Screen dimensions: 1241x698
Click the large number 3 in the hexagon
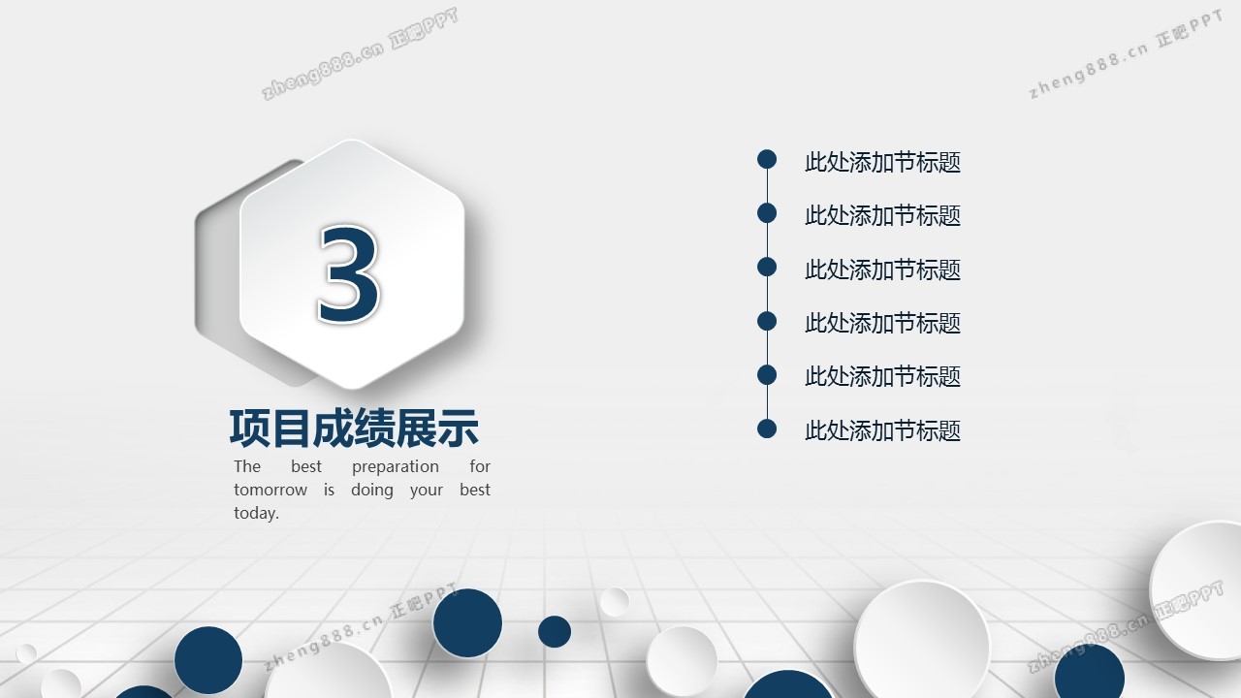point(349,273)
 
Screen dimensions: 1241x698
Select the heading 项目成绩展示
point(354,428)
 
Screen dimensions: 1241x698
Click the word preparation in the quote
point(395,467)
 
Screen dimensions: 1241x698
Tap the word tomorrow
point(270,490)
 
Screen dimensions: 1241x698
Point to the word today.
point(256,513)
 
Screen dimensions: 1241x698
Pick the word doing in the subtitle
point(371,491)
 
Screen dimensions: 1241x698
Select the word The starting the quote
point(247,466)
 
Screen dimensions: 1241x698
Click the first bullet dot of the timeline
point(767,160)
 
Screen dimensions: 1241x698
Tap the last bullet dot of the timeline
point(767,428)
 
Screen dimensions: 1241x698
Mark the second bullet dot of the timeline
point(767,213)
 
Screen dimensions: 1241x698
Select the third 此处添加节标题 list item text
point(882,270)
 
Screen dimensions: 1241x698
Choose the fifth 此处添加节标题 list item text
point(882,377)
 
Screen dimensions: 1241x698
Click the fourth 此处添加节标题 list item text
point(882,323)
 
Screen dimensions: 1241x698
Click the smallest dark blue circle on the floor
point(555,631)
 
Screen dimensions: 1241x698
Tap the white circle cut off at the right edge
point(1196,590)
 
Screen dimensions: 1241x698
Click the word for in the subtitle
point(480,466)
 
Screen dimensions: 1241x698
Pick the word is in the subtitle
point(329,490)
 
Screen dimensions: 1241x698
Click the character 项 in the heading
point(250,428)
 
